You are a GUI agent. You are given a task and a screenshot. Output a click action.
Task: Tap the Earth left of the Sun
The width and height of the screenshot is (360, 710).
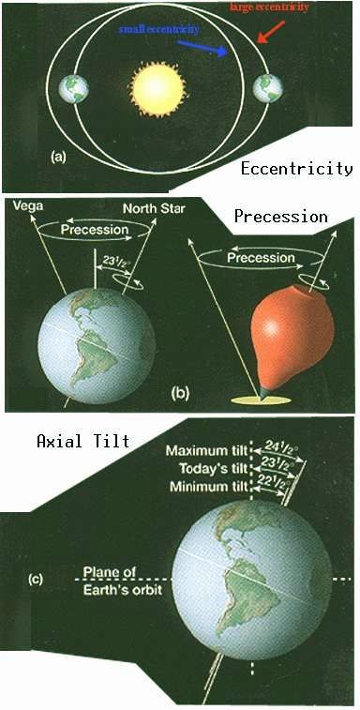(73, 89)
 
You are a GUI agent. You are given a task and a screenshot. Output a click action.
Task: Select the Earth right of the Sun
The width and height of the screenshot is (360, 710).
(268, 88)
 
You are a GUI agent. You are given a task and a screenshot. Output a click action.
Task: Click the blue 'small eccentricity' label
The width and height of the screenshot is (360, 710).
(158, 30)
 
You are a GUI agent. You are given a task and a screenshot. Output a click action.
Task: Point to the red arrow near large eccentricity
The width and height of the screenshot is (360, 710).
(271, 32)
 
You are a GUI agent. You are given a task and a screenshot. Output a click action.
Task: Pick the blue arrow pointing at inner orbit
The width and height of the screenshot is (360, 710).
(202, 49)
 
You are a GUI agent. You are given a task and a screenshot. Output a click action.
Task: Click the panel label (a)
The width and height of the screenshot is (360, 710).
(59, 158)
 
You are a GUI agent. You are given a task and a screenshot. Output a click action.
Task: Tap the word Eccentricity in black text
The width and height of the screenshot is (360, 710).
(296, 169)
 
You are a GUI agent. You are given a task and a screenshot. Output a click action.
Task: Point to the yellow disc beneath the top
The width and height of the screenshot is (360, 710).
(261, 400)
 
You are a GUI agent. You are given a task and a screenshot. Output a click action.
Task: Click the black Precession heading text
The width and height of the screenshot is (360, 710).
(280, 217)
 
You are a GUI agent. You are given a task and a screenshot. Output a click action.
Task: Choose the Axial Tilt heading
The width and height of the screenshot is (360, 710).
(82, 441)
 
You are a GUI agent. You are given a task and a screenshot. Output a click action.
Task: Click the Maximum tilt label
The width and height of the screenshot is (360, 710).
(207, 451)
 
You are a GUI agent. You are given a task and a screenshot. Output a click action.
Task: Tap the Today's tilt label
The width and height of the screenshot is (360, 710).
(214, 468)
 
